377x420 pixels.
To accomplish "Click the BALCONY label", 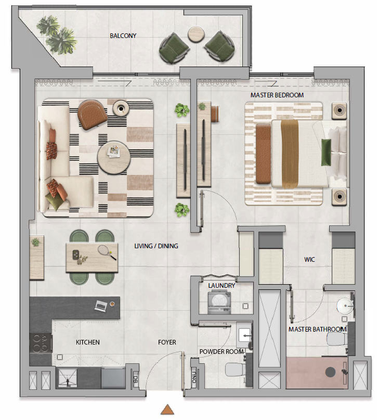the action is pyautogui.click(x=123, y=35).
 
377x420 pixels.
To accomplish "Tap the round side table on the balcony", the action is pyautogui.click(x=196, y=34).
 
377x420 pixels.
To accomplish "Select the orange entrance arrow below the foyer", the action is pyautogui.click(x=167, y=409).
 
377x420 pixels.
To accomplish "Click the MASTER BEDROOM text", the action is pyautogui.click(x=277, y=95).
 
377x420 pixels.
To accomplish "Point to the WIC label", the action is pyautogui.click(x=309, y=259).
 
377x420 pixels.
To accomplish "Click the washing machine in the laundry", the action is pyautogui.click(x=219, y=302).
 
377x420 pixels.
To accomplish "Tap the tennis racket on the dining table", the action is pyautogui.click(x=107, y=252).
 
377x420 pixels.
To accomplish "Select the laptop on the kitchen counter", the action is pyautogui.click(x=101, y=306).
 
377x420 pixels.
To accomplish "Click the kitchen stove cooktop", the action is pyautogui.click(x=41, y=343).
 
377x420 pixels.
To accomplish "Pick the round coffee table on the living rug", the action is pyautogui.click(x=114, y=158).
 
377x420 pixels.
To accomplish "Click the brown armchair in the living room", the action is pyautogui.click(x=92, y=114).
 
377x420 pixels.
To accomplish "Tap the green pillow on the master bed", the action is pyautogui.click(x=326, y=152).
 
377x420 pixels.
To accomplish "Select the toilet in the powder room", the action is pyautogui.click(x=235, y=370).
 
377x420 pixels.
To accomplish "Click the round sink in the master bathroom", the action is pyautogui.click(x=345, y=306).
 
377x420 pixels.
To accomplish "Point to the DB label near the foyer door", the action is pyautogui.click(x=135, y=379).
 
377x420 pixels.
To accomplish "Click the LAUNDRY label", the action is pyautogui.click(x=222, y=286).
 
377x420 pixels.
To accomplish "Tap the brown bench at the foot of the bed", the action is pyautogui.click(x=263, y=154).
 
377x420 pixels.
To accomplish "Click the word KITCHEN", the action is pyautogui.click(x=88, y=342).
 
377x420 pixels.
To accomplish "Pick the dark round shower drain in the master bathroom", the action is pyautogui.click(x=330, y=372).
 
